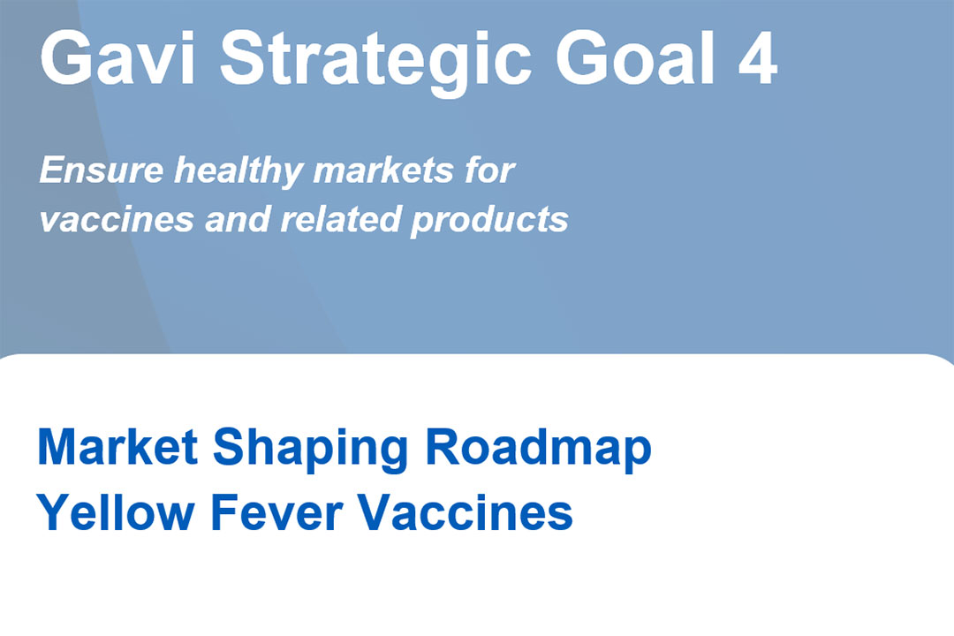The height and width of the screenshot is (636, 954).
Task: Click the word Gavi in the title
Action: tap(117, 58)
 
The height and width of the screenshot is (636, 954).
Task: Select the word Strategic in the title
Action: tap(375, 64)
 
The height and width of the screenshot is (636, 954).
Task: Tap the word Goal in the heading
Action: tap(634, 58)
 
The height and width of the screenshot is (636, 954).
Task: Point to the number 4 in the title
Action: tap(758, 58)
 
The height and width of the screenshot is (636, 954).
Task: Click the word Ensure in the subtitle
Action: tap(102, 170)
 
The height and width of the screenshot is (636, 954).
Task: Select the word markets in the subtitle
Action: tap(383, 170)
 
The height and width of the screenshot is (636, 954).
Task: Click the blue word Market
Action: tap(118, 447)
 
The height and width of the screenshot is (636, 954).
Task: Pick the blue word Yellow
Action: tap(116, 511)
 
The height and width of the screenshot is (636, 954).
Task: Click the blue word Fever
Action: tap(276, 511)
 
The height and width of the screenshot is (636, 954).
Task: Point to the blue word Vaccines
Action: tap(465, 511)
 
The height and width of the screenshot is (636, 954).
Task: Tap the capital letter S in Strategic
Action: tap(244, 58)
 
